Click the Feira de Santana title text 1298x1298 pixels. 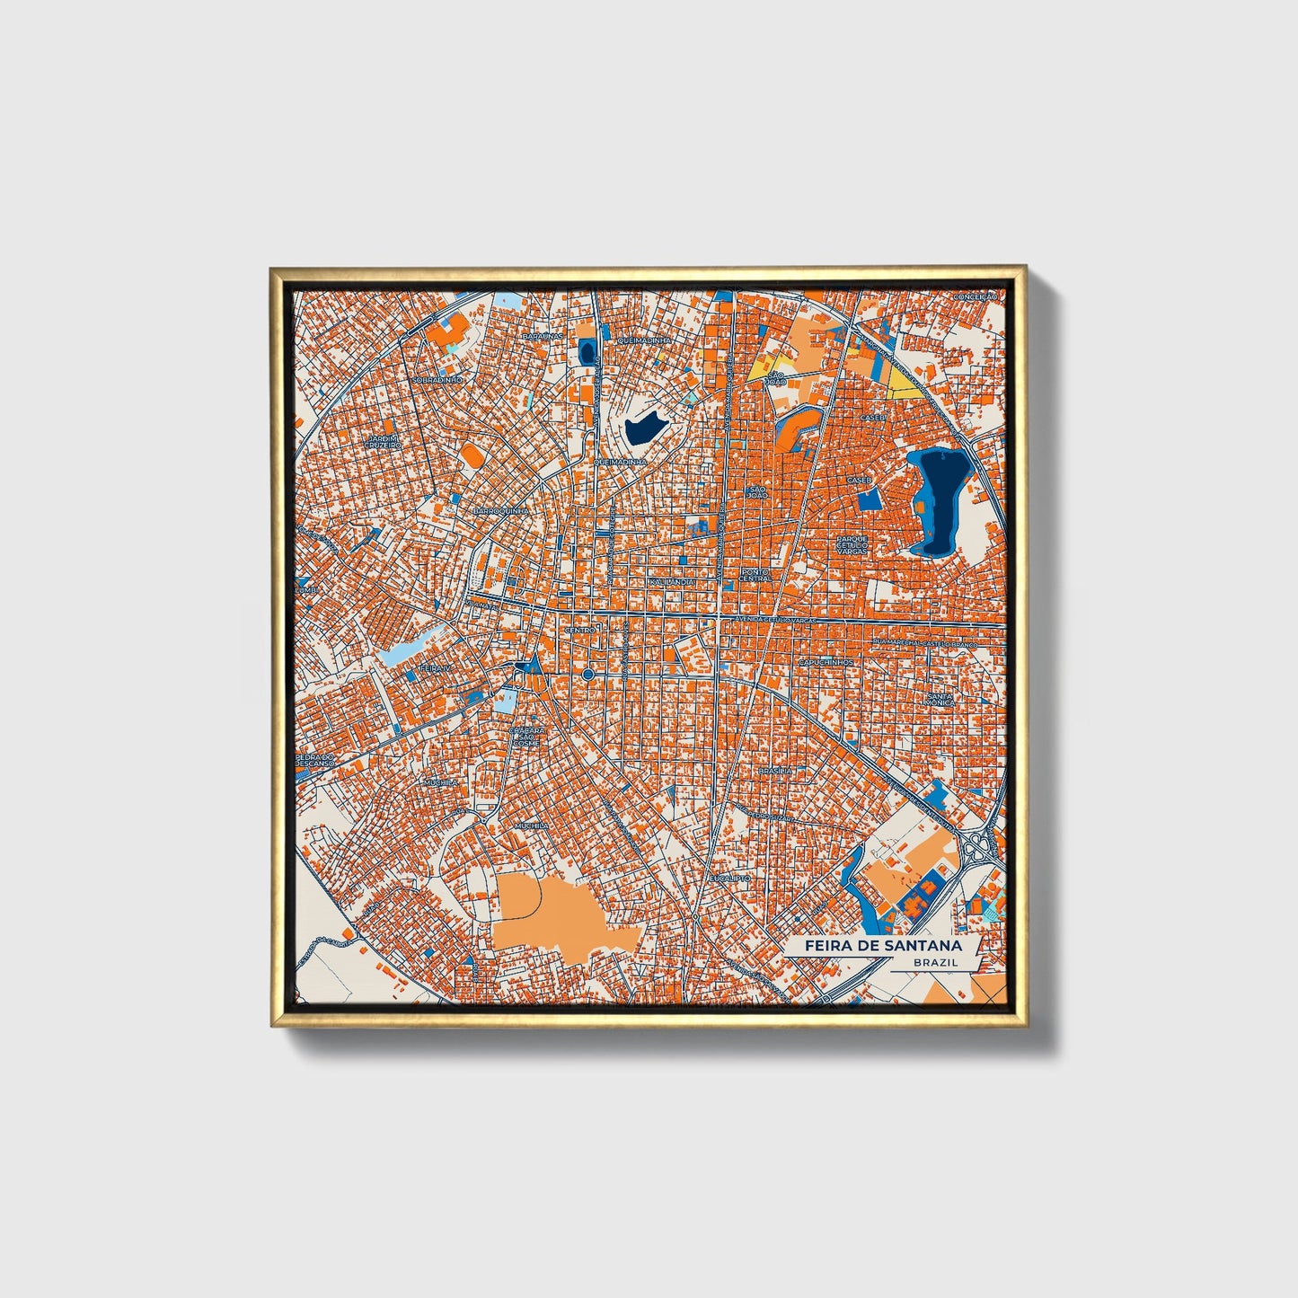(x=882, y=945)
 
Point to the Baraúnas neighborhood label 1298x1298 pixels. (x=543, y=336)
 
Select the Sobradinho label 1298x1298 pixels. (x=437, y=380)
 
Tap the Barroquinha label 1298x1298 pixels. (x=501, y=510)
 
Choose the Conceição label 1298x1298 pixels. (x=976, y=296)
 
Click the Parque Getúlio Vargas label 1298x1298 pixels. (x=852, y=544)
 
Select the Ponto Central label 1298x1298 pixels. (x=755, y=575)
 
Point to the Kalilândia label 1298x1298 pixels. (x=672, y=582)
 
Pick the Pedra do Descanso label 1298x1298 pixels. (x=315, y=760)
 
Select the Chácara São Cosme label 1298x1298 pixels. (x=525, y=737)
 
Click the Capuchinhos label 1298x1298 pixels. (x=825, y=662)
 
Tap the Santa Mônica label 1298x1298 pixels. (x=940, y=699)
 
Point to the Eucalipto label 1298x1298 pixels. (x=729, y=877)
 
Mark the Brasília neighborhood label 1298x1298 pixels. (x=775, y=770)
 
